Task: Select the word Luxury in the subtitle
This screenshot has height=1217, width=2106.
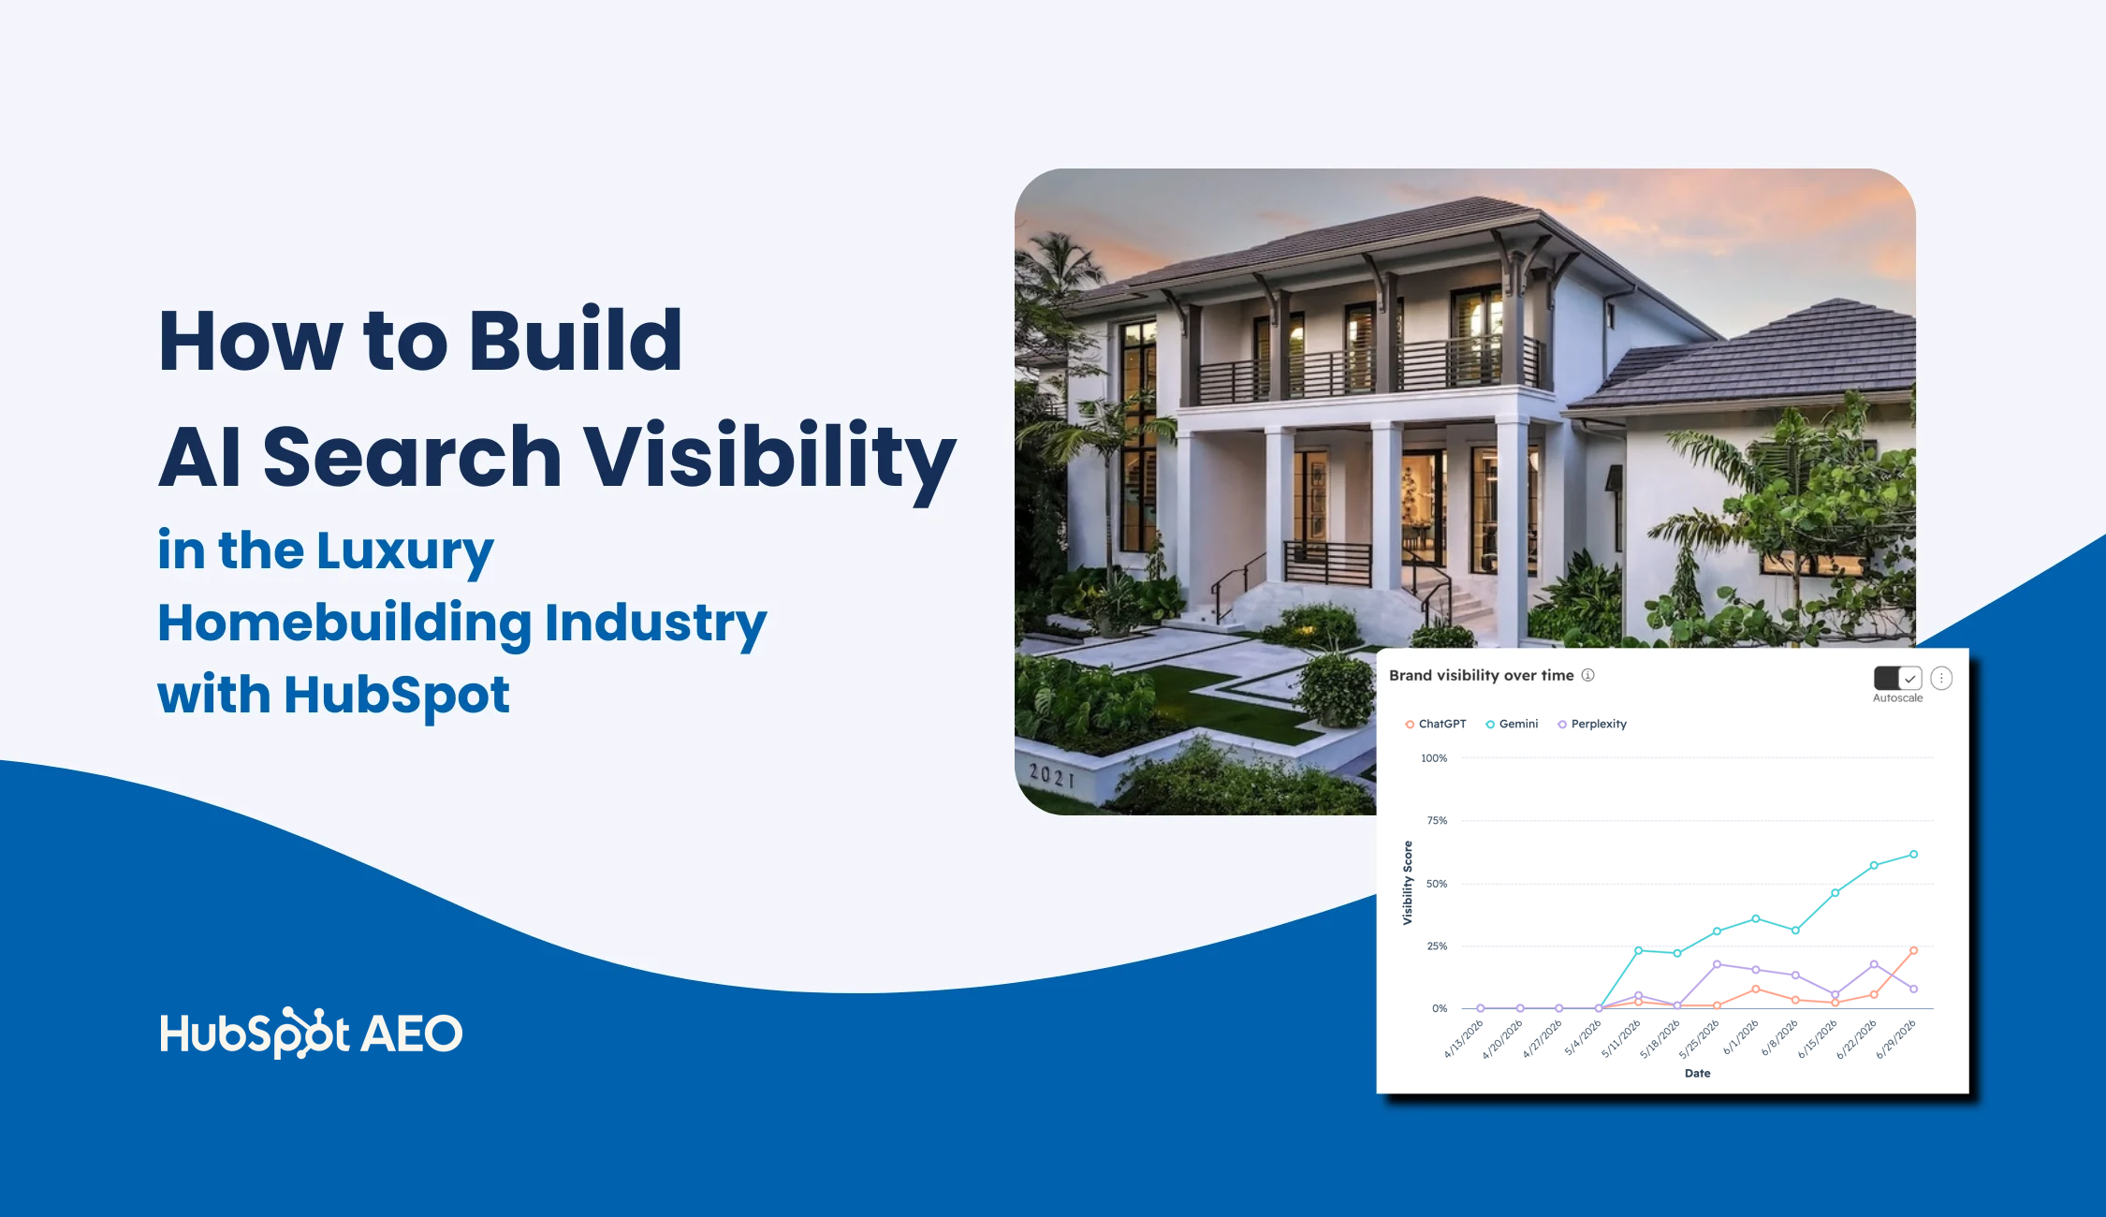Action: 404,553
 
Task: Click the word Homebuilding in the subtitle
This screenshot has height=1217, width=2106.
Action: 344,624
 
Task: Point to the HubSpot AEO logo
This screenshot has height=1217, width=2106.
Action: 311,1034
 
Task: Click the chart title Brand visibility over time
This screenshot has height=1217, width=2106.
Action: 1481,676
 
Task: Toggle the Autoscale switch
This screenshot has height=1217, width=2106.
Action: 1897,678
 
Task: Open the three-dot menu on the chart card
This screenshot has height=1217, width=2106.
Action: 1941,678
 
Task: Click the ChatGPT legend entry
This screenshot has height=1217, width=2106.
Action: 1436,724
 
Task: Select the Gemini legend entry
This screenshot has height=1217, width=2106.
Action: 1512,724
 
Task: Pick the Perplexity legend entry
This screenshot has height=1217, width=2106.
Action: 1591,724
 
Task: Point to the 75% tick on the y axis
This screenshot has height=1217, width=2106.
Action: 1437,821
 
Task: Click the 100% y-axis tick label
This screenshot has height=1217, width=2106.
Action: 1434,758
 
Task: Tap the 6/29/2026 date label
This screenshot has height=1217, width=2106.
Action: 1896,1039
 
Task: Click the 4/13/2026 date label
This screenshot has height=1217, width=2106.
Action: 1463,1039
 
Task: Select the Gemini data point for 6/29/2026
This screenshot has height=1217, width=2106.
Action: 1913,854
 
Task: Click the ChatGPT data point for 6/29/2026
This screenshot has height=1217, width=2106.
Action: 1913,950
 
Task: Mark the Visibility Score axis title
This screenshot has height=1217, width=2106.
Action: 1407,883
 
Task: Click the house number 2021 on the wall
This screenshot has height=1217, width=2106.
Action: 1052,775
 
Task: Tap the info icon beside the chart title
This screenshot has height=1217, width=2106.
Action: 1588,675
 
